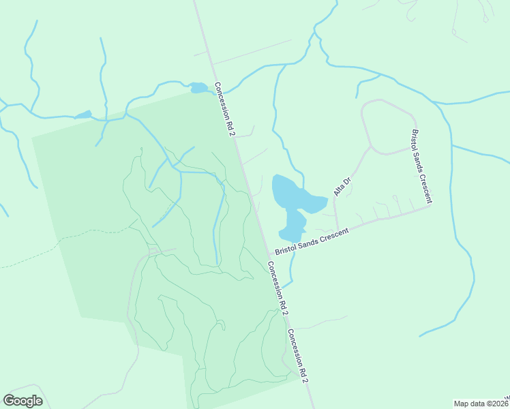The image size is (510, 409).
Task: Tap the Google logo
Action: coord(22,401)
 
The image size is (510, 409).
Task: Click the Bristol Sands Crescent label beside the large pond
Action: coord(312,241)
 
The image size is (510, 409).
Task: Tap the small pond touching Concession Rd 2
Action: coord(198,87)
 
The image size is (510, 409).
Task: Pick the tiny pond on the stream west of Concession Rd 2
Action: coord(83,115)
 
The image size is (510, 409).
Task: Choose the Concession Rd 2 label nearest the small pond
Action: coord(225,109)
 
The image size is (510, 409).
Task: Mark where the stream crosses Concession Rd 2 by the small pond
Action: coord(211,89)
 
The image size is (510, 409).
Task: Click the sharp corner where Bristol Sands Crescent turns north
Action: coord(431,206)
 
